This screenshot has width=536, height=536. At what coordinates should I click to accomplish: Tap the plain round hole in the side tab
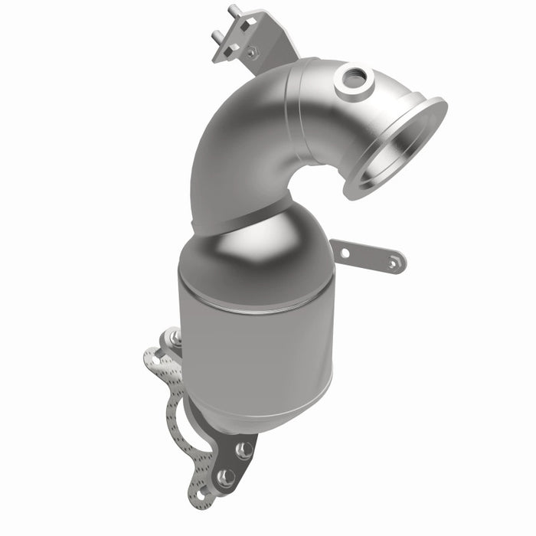click(345, 252)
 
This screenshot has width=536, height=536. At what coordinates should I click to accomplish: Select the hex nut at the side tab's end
click(392, 263)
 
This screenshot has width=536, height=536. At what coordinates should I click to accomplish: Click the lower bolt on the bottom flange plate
click(225, 478)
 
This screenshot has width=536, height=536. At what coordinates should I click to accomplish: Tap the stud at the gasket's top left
click(175, 338)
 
